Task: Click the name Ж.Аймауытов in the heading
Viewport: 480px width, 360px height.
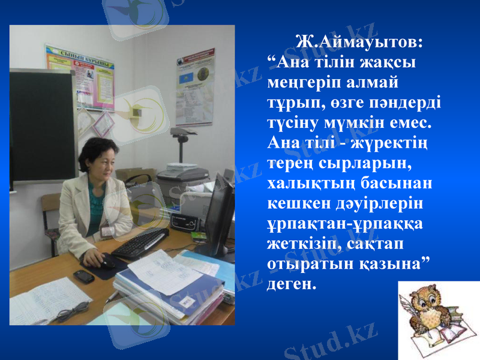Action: tap(359, 43)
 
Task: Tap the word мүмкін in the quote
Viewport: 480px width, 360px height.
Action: tap(382, 122)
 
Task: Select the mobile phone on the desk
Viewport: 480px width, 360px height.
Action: tap(83, 276)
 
